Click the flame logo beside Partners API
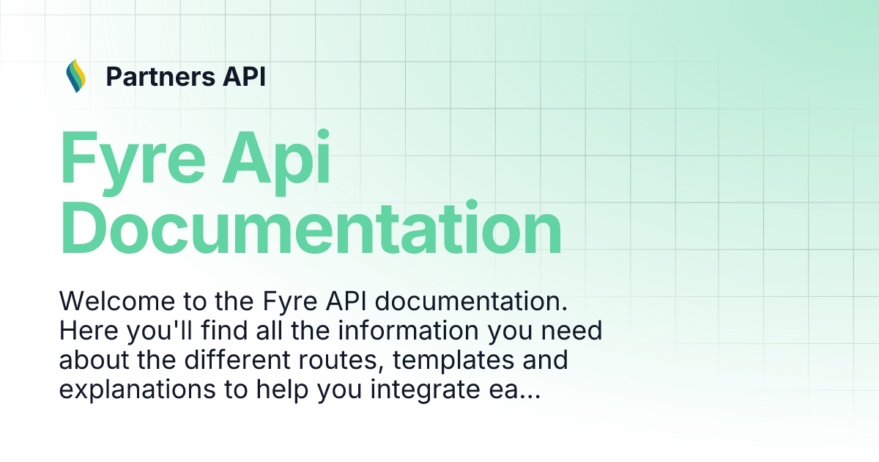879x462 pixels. click(x=75, y=76)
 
